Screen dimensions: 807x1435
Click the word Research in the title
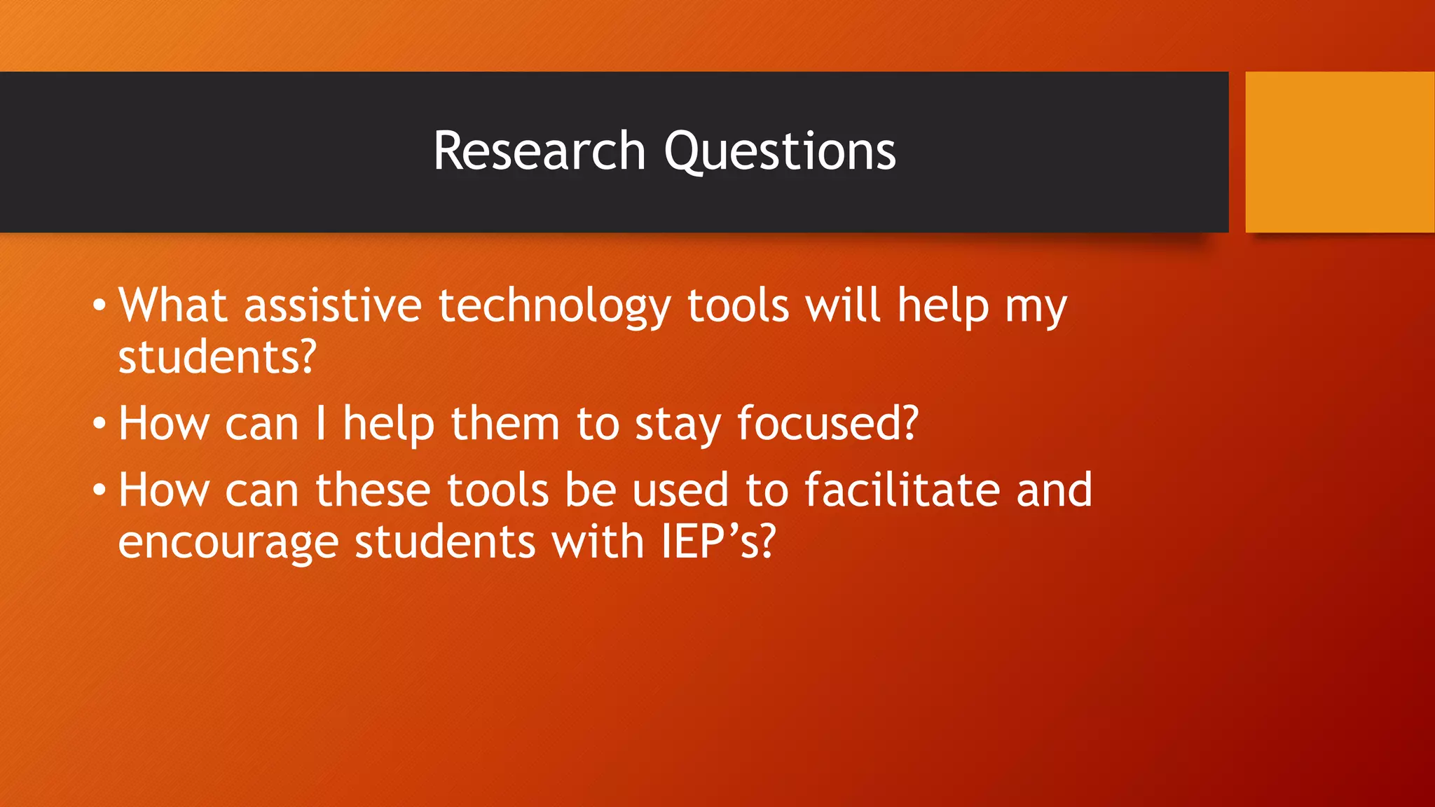click(539, 151)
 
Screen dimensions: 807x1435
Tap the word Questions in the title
click(780, 153)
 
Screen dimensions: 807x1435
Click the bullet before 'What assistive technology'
click(99, 305)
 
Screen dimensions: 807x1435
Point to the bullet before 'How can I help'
click(99, 424)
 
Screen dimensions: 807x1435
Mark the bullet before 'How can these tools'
click(99, 490)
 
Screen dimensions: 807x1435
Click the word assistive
click(333, 305)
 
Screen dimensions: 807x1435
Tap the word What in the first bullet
click(172, 305)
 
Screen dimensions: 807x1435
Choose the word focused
click(827, 424)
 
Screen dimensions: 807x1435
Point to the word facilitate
click(902, 489)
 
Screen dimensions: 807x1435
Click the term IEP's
click(719, 542)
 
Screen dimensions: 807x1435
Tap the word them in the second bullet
click(505, 424)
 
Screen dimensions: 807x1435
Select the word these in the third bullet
click(373, 490)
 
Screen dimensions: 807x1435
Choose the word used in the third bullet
click(680, 490)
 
